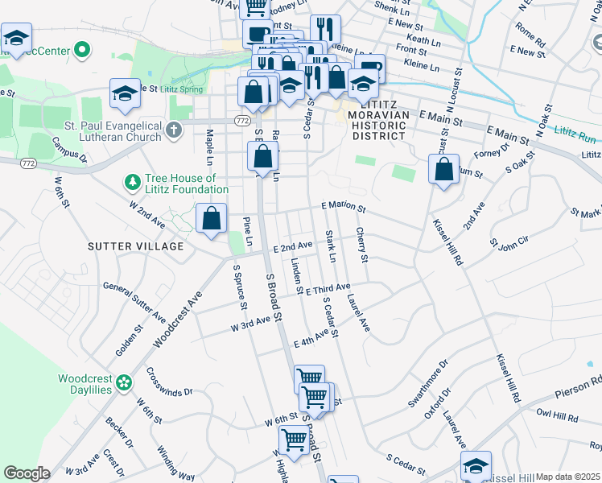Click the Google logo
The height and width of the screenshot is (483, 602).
(26, 473)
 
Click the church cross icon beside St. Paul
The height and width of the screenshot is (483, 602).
(173, 130)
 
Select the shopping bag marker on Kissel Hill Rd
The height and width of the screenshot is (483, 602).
(443, 170)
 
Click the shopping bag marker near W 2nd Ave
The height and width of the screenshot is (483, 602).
(211, 218)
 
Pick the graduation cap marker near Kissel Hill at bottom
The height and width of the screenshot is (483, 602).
(476, 466)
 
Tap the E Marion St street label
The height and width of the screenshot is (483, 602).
(344, 207)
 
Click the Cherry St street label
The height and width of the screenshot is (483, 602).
(362, 245)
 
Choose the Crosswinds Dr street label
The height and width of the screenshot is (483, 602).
(170, 381)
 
